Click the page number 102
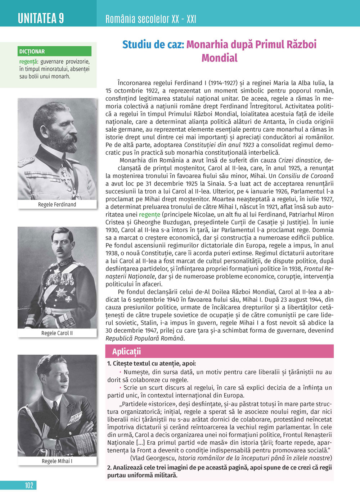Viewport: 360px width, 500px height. (x=29, y=485)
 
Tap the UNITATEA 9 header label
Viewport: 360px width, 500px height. (x=41, y=18)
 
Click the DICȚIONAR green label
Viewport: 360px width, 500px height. (x=32, y=51)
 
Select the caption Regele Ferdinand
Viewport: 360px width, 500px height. (x=57, y=204)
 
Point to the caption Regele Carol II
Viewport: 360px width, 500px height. (x=57, y=333)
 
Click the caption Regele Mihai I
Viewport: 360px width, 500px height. (x=57, y=461)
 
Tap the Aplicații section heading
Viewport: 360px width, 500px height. (x=126, y=351)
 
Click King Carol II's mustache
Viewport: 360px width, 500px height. (x=60, y=249)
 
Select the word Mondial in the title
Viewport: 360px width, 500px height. (x=219, y=58)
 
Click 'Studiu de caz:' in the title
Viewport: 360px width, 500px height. (x=153, y=45)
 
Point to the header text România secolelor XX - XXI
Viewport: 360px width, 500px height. (x=150, y=19)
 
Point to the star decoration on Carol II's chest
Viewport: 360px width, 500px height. (x=61, y=292)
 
